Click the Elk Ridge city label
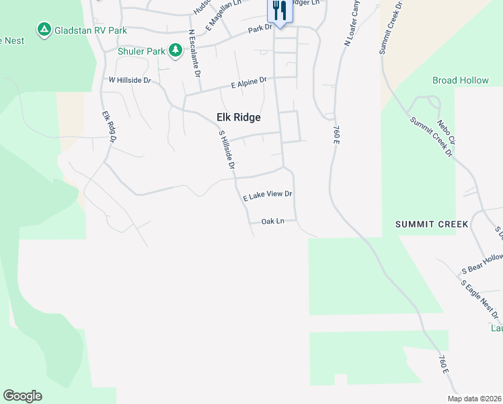click(238, 117)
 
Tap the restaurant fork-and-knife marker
click(279, 11)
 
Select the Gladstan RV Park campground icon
click(44, 30)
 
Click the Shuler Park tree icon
click(176, 50)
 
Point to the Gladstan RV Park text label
click(91, 30)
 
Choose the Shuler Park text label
click(141, 51)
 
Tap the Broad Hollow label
click(461, 80)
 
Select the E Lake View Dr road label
click(268, 195)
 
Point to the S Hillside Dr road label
click(226, 149)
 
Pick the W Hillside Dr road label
click(130, 80)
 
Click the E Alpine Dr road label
click(249, 83)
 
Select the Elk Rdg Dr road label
click(109, 127)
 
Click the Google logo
click(22, 396)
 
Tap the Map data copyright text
click(473, 399)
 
